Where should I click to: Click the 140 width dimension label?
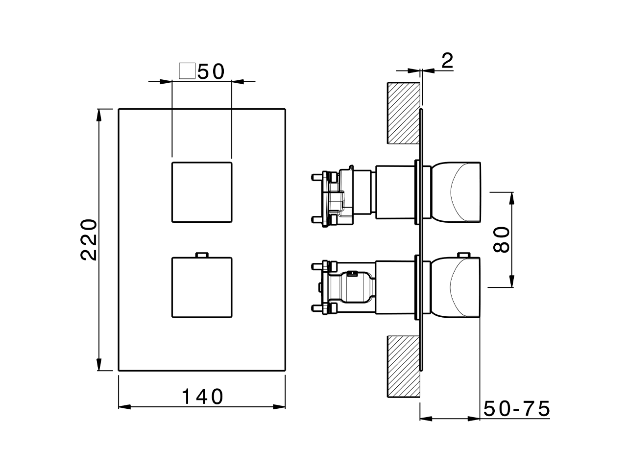[x=202, y=397]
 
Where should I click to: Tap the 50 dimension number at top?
[x=211, y=71]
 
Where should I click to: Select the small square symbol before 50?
[x=187, y=71]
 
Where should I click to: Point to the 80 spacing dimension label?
[x=502, y=239]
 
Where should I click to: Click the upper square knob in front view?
[x=202, y=191]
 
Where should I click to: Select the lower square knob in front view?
[x=202, y=287]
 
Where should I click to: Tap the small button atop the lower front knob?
[x=202, y=254]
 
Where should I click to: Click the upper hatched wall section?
[x=404, y=113]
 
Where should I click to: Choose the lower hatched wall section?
[x=404, y=367]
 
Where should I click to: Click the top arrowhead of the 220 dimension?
[x=99, y=114]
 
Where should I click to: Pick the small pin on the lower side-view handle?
[x=462, y=255]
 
